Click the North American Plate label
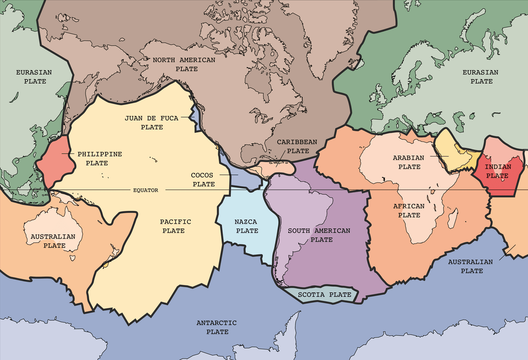(184, 64)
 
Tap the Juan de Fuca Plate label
(152, 122)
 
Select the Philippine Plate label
(100, 158)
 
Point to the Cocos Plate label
(203, 179)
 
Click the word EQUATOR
(146, 190)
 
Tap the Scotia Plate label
(324, 294)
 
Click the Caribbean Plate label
(297, 146)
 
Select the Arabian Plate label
(408, 162)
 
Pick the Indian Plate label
(497, 171)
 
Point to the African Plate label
(409, 210)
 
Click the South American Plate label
(319, 235)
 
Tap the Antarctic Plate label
(217, 327)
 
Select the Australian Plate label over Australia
(53, 240)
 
